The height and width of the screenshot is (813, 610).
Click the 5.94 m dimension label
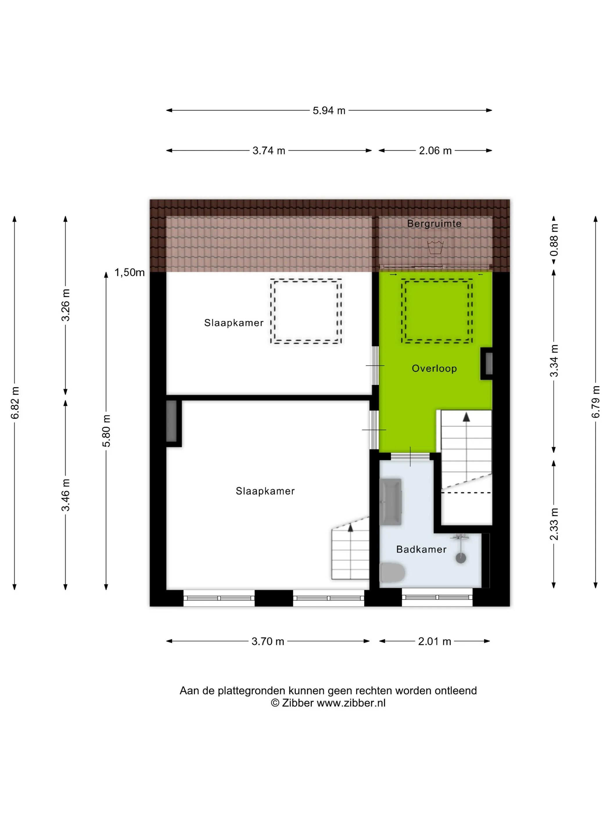(329, 110)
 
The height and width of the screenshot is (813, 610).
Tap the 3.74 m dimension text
(269, 151)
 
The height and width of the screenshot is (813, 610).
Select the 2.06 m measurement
(435, 151)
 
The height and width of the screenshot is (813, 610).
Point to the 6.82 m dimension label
(15, 402)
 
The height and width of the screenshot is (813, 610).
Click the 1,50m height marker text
(130, 272)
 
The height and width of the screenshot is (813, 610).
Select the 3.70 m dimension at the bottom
(268, 641)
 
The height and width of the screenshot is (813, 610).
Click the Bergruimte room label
(434, 224)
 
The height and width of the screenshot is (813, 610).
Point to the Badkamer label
(421, 549)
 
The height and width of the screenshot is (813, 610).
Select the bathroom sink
(390, 502)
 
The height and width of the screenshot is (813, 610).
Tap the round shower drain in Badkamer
(461, 558)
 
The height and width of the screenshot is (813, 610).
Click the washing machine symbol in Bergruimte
(435, 247)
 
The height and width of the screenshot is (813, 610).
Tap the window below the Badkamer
(437, 597)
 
